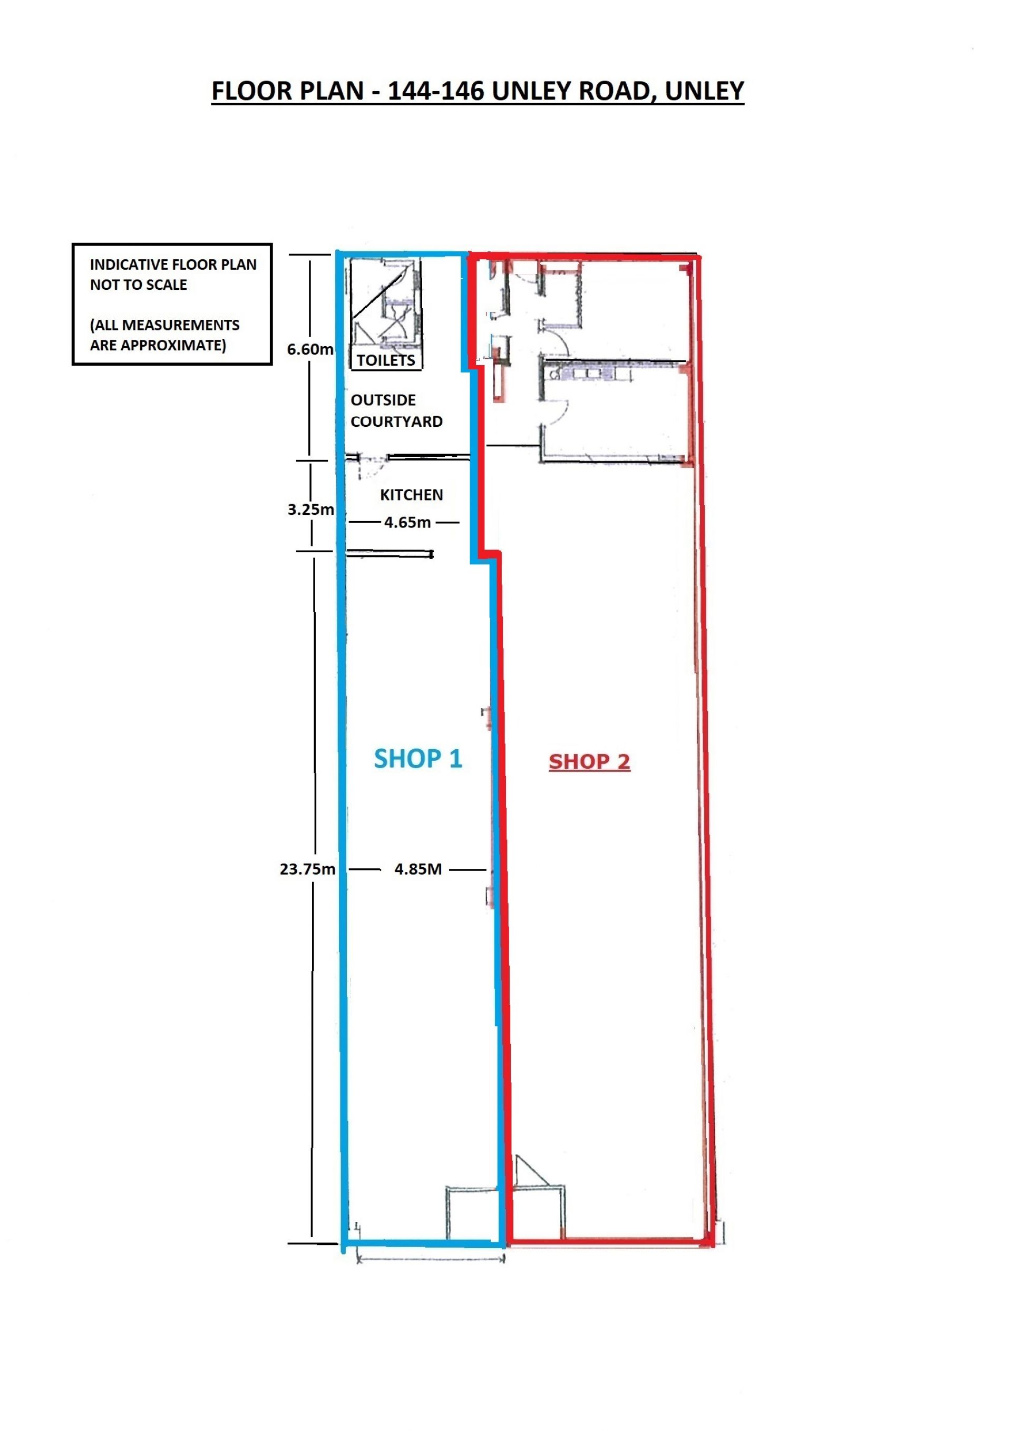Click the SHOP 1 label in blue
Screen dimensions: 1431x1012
point(418,759)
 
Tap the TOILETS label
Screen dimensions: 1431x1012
point(385,360)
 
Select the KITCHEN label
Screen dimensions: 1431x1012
point(412,495)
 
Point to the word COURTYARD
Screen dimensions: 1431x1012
point(396,422)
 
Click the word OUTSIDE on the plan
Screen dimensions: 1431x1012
point(383,400)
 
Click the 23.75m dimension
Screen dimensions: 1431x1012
point(307,869)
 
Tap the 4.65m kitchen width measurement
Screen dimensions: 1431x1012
point(407,523)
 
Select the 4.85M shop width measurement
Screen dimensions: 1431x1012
point(418,869)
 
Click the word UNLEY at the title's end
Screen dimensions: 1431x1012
point(704,91)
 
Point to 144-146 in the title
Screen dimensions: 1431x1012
point(436,91)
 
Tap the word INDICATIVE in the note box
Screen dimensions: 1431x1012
point(129,264)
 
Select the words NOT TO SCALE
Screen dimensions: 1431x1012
point(139,285)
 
